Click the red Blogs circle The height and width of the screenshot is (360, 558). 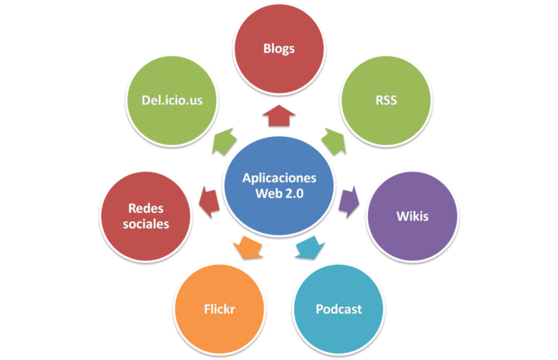(279, 49)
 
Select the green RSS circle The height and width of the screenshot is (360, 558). (384, 99)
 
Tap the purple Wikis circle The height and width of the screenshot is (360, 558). (412, 214)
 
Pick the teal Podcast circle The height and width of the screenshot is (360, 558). (338, 309)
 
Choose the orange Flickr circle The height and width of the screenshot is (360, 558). (220, 309)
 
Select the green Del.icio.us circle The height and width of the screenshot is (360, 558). (173, 99)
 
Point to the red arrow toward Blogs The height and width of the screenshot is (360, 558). (279, 115)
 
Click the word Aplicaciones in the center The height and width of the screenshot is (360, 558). (279, 177)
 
